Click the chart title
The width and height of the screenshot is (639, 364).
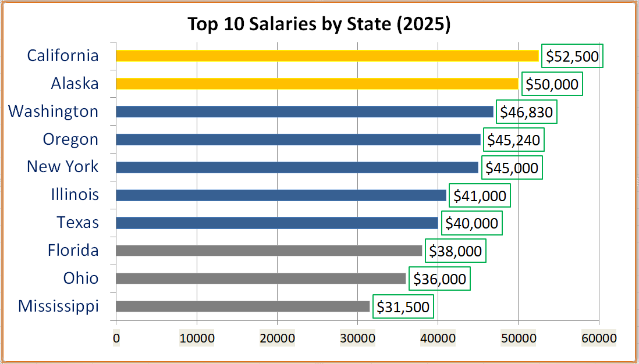(319, 24)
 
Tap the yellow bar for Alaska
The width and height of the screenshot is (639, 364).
(317, 84)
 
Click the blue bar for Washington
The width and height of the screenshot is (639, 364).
(304, 112)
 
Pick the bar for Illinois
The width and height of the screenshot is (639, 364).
(281, 195)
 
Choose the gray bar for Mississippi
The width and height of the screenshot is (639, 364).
(243, 306)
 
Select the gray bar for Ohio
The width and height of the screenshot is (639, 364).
(261, 279)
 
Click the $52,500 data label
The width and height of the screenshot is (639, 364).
(572, 56)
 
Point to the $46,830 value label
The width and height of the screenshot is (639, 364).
(527, 112)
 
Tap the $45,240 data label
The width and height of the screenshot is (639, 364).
(513, 140)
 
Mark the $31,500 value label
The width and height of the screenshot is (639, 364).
(403, 307)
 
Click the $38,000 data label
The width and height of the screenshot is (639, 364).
(455, 251)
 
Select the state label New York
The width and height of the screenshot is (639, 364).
(63, 167)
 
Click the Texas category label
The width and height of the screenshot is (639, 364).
(78, 223)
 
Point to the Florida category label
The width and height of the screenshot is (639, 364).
(73, 251)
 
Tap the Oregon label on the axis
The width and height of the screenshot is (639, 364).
(70, 140)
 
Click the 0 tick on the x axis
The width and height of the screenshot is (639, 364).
(116, 338)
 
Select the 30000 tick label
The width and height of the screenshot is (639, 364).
(358, 338)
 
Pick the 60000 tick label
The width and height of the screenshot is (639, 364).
(599, 338)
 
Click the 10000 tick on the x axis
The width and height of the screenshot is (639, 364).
(197, 338)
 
